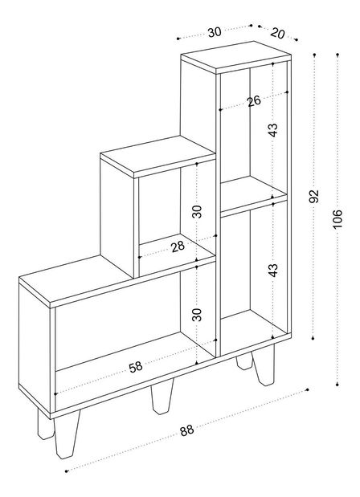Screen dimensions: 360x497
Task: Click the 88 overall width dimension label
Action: click(186, 430)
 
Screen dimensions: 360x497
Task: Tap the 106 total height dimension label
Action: click(337, 218)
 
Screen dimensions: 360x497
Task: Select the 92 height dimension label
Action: click(313, 196)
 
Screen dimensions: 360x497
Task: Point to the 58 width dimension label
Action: click(136, 367)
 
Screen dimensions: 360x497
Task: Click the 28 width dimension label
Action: click(178, 246)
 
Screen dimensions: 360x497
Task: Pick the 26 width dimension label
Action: click(254, 101)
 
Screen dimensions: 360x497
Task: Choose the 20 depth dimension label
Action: click(278, 33)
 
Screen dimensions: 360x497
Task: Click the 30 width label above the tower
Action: click(215, 32)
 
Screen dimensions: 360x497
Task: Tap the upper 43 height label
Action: click(272, 130)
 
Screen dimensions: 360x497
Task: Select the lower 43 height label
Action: click(272, 270)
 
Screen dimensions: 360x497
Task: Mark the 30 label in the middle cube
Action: click(197, 212)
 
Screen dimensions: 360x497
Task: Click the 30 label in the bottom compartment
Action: click(197, 315)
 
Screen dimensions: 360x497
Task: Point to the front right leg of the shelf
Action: click(264, 365)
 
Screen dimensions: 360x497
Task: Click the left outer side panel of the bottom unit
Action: click(35, 347)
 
